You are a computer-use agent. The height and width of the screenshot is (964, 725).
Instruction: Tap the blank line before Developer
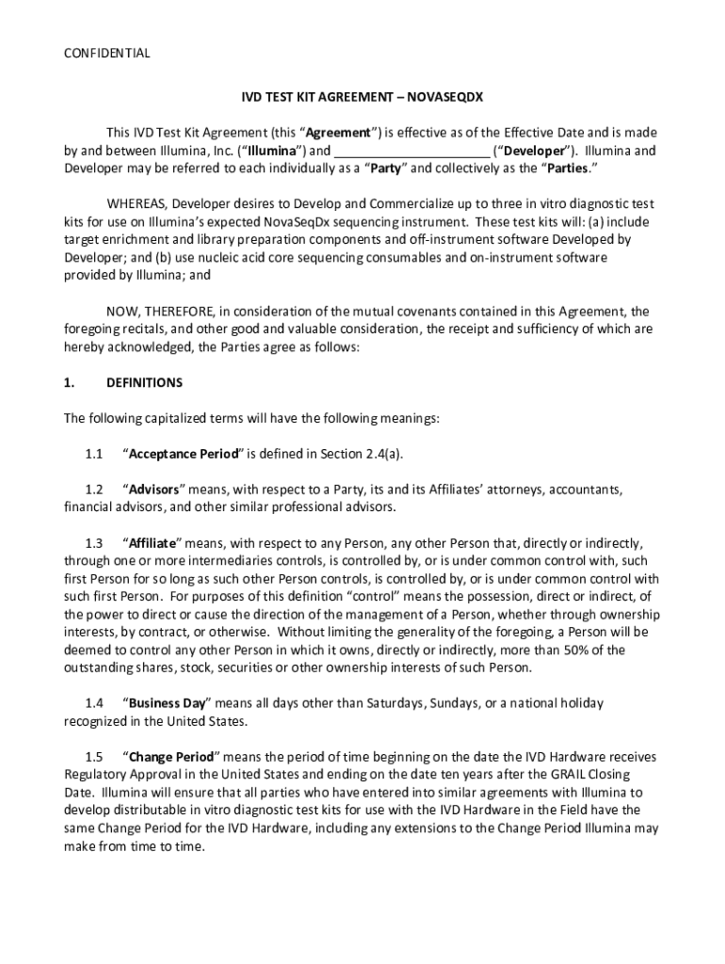pyautogui.click(x=411, y=151)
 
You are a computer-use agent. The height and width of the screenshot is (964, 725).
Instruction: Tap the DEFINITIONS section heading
pyautogui.click(x=144, y=383)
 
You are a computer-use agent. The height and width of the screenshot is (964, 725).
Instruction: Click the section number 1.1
pyautogui.click(x=93, y=455)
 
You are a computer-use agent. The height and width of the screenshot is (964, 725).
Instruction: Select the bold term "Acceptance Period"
pyautogui.click(x=184, y=455)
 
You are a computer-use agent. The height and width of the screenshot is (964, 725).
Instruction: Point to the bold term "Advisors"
pyautogui.click(x=154, y=490)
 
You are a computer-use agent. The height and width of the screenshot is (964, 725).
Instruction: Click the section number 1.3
pyautogui.click(x=93, y=544)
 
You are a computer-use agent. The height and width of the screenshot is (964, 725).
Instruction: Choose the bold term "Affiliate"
pyautogui.click(x=153, y=544)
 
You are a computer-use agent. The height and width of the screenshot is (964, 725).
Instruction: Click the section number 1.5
pyautogui.click(x=93, y=757)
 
